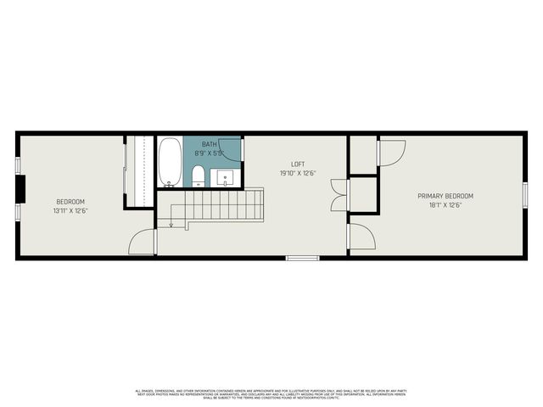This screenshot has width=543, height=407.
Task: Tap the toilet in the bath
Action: click(198, 176)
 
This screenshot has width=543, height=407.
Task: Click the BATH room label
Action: click(209, 144)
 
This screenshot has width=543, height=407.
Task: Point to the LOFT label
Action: click(298, 164)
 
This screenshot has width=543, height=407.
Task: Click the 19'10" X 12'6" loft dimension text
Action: click(298, 173)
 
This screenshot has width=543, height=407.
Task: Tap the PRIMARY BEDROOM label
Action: click(445, 196)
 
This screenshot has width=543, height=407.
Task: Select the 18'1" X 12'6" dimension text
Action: click(445, 205)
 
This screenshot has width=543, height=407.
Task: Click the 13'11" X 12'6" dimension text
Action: click(70, 211)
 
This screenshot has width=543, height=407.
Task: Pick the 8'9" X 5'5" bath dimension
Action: click(209, 153)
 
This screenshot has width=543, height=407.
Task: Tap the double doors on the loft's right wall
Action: click(338, 196)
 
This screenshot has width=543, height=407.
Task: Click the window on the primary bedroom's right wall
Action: click(525, 195)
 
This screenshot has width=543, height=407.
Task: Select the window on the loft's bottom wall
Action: click(302, 257)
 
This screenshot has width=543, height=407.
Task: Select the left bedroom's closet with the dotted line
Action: click(140, 170)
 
